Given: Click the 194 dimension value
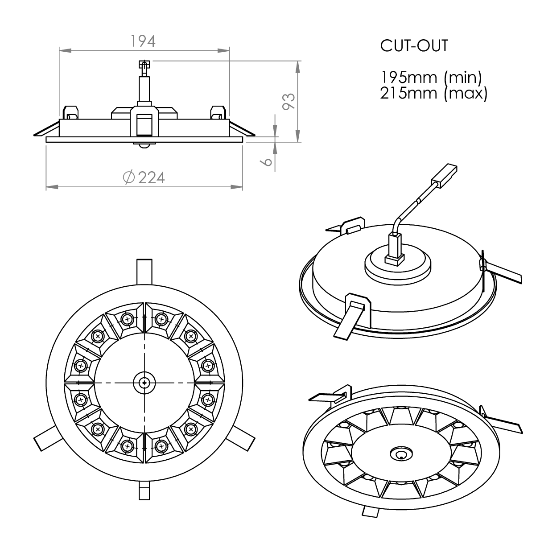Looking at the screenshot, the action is tap(143, 41).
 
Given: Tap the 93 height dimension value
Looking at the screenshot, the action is tap(288, 101).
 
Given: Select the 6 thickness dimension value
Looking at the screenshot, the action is tap(266, 161).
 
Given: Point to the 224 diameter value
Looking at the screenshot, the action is tap(151, 177).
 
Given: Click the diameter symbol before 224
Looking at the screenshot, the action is tap(129, 177).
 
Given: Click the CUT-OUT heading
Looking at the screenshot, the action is tap(414, 46).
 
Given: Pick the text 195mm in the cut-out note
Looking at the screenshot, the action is tap(408, 77).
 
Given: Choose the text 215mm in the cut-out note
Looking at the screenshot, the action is tap(408, 93).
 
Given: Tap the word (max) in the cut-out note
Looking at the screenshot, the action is tap(466, 94).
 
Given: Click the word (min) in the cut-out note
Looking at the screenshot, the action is tap(463, 78).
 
